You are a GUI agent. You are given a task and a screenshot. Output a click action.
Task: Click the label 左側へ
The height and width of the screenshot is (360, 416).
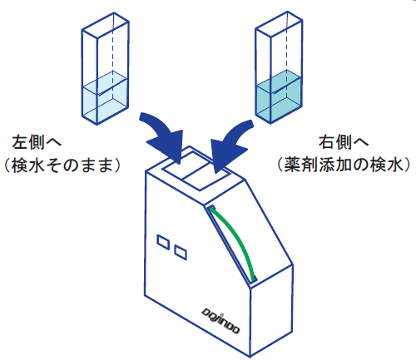tap(37, 143)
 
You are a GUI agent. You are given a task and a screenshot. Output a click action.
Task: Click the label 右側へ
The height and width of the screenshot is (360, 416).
tap(344, 143)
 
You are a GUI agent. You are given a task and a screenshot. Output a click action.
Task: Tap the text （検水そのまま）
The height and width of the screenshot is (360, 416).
tap(62, 165)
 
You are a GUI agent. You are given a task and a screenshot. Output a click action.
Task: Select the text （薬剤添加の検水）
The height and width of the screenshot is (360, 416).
tap(344, 165)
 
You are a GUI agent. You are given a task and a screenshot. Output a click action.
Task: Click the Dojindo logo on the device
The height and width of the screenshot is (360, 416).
tap(220, 320)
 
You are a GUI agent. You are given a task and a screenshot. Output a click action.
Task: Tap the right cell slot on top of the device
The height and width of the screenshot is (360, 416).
tap(209, 176)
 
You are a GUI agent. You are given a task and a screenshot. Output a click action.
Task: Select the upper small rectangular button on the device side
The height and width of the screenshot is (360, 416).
tap(163, 242)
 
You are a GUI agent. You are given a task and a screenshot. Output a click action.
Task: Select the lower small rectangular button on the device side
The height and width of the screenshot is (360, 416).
tap(181, 253)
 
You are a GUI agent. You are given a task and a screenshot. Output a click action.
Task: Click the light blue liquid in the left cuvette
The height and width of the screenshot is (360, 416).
tap(105, 99)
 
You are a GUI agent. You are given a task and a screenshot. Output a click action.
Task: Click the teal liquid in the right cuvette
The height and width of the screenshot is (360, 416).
tap(279, 97)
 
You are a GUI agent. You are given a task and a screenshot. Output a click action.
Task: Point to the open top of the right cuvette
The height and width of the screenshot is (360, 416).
tap(279, 24)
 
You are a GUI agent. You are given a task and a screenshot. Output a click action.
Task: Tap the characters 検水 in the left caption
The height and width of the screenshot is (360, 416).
tap(27, 165)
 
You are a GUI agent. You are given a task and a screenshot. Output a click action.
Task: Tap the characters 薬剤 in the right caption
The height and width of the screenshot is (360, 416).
tap(300, 165)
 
